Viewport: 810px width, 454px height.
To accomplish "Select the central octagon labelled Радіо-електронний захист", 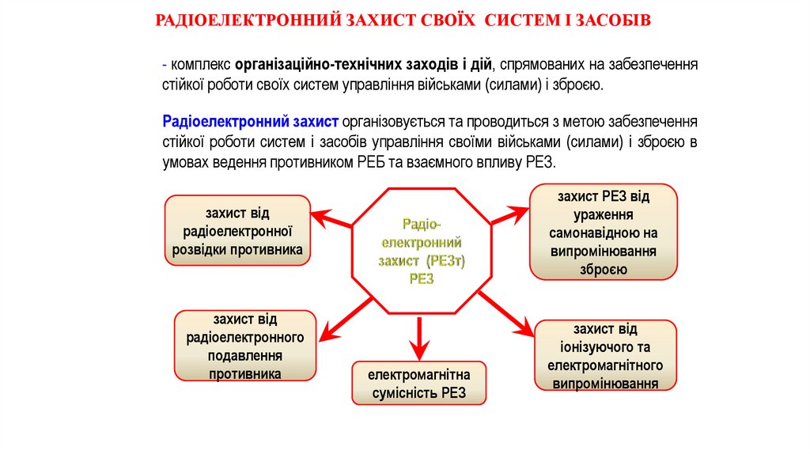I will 421,252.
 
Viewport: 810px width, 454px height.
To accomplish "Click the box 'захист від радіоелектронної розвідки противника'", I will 237,230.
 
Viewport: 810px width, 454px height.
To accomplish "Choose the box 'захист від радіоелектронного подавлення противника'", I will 245,346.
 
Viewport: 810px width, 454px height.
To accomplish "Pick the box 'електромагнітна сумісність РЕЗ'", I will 419,384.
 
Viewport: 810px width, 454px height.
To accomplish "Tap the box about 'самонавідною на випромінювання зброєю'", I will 604,232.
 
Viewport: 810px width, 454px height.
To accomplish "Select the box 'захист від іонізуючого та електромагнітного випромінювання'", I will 605,356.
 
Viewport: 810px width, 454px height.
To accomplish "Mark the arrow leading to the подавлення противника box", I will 339,320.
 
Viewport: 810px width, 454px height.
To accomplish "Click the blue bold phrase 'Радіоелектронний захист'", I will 251,122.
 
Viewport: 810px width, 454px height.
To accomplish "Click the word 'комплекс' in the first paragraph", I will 201,65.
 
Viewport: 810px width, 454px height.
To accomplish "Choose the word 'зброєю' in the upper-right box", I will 604,270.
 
